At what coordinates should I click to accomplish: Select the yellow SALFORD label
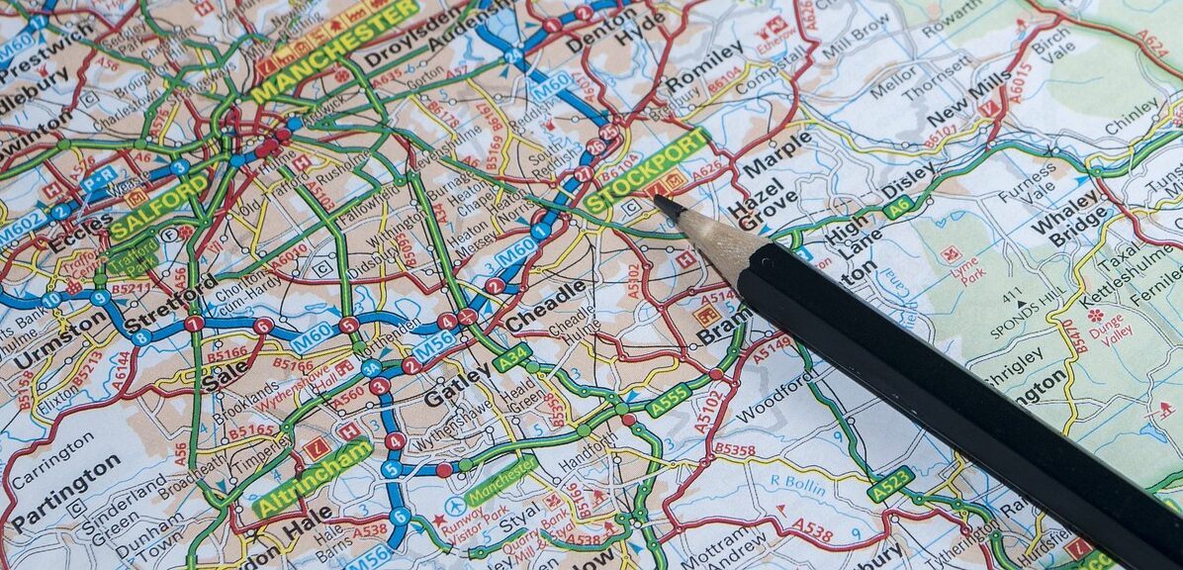[x=158, y=207]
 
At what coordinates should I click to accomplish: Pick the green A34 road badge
[x=512, y=357]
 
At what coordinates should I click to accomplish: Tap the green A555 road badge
[x=668, y=399]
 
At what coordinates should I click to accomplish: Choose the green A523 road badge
[x=890, y=484]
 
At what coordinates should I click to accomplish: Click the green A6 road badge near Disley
[x=898, y=207]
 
